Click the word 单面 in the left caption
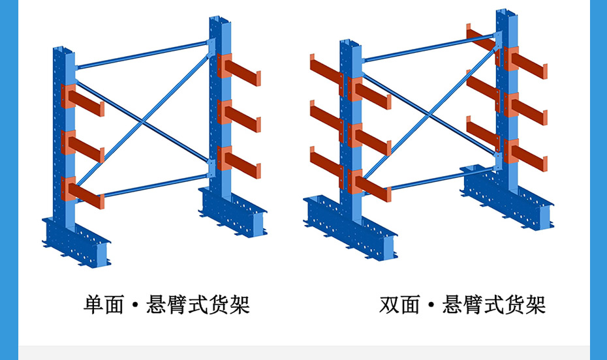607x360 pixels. [104, 304]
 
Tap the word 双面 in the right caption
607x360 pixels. [399, 304]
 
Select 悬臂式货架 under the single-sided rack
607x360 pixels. [198, 304]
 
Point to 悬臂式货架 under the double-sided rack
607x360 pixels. [494, 304]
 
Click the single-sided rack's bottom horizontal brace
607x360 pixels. [150, 184]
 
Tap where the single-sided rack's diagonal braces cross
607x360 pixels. [142, 119]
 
